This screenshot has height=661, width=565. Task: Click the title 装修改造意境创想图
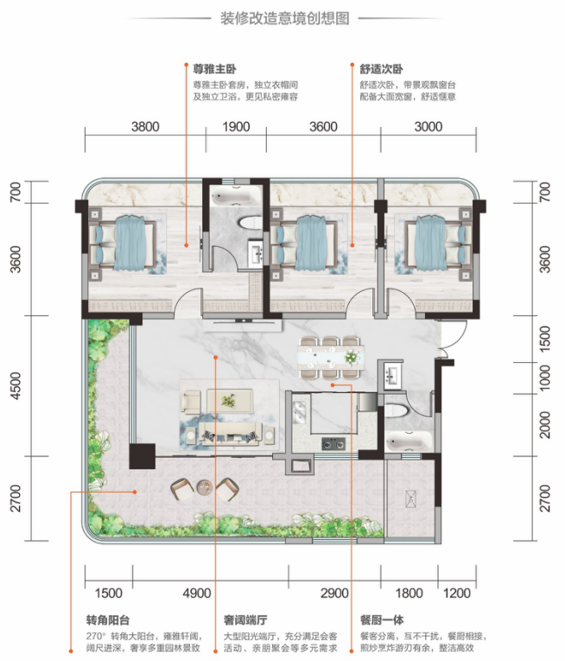pos(284,18)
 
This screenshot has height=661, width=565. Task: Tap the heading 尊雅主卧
pos(214,69)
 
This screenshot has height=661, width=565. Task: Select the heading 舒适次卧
pos(382,69)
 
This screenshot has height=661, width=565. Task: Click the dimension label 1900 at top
pos(236,126)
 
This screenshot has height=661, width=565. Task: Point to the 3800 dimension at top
pos(145,126)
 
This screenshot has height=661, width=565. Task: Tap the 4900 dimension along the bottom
pos(197,593)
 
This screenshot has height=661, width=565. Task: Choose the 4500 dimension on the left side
pos(16,385)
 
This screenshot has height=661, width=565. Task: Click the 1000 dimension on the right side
pos(545,378)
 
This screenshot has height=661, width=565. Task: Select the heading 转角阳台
pos(108,620)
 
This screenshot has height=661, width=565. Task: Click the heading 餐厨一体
pos(382,620)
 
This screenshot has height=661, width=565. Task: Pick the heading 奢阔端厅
pos(245,620)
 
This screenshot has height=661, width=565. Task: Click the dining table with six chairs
pos(331,358)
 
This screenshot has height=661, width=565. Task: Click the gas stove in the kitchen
pos(333,443)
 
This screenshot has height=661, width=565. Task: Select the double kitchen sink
pos(300,412)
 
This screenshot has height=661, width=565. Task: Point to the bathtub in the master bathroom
pos(231,197)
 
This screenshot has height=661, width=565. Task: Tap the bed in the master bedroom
pos(123,244)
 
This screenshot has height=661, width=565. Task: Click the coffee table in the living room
pos(230,400)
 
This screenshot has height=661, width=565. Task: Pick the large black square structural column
pos(142,456)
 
